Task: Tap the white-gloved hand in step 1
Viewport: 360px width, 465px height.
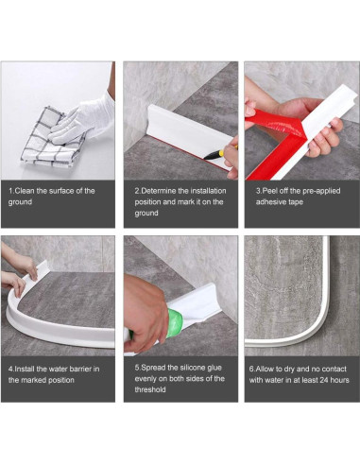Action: point(83,121)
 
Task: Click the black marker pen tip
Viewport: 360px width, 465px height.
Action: point(206,157)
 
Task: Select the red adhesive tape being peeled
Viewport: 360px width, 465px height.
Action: point(273,139)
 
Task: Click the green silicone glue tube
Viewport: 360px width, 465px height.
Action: point(174,322)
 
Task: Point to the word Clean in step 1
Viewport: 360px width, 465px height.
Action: point(25,191)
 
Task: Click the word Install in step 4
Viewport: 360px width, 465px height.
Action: point(25,369)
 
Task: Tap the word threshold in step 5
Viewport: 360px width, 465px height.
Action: point(150,389)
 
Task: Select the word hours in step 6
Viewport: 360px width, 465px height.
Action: point(339,380)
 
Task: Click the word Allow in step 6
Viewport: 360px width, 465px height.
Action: point(265,369)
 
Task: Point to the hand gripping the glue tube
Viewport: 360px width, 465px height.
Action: point(145,312)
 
